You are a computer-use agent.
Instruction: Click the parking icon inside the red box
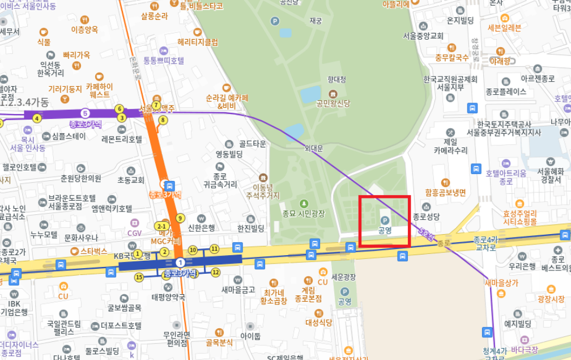coord(385,220)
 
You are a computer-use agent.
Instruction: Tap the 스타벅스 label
coord(93,251)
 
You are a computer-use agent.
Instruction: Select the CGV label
coord(134,232)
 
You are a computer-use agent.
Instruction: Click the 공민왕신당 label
coord(333,103)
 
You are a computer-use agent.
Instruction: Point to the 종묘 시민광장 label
coord(304,213)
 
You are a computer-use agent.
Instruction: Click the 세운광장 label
coord(344,277)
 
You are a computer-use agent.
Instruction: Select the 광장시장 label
coord(551,299)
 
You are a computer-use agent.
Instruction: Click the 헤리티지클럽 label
coord(198,42)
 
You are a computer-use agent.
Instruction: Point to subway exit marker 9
coord(181,218)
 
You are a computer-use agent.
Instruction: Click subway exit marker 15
coord(139,277)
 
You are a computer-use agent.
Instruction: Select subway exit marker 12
coord(215,273)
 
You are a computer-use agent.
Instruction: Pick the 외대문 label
coord(313,149)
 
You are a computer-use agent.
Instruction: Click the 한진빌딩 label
coord(251,228)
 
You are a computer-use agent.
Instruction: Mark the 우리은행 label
coord(522,265)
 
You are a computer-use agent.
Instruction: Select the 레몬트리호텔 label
coord(122,139)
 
